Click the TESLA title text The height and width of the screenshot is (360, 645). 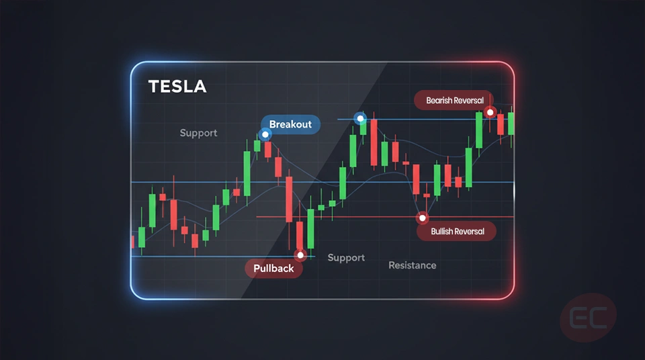(x=177, y=87)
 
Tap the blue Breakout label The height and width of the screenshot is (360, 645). (x=290, y=124)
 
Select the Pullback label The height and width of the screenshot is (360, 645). (x=273, y=269)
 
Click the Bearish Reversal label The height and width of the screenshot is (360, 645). (x=454, y=101)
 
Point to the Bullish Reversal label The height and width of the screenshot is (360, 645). (x=456, y=232)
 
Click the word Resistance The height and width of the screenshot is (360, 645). (x=412, y=265)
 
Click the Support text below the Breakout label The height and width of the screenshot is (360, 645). (x=198, y=133)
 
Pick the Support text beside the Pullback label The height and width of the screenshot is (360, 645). (x=346, y=258)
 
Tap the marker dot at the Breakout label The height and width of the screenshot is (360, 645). (x=265, y=134)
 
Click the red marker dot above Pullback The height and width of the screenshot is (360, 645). (x=300, y=255)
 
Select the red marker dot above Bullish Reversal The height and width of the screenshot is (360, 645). (x=423, y=218)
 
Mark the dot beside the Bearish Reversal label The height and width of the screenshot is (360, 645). (x=490, y=112)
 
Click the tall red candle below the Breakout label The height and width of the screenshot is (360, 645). (x=289, y=198)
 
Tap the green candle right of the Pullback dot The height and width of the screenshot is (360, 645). (x=310, y=228)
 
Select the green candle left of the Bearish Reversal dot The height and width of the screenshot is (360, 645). (x=479, y=130)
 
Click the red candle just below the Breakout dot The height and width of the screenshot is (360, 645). (x=268, y=149)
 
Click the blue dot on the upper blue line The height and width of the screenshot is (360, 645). (x=361, y=119)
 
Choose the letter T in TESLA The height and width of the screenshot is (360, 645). (x=153, y=87)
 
